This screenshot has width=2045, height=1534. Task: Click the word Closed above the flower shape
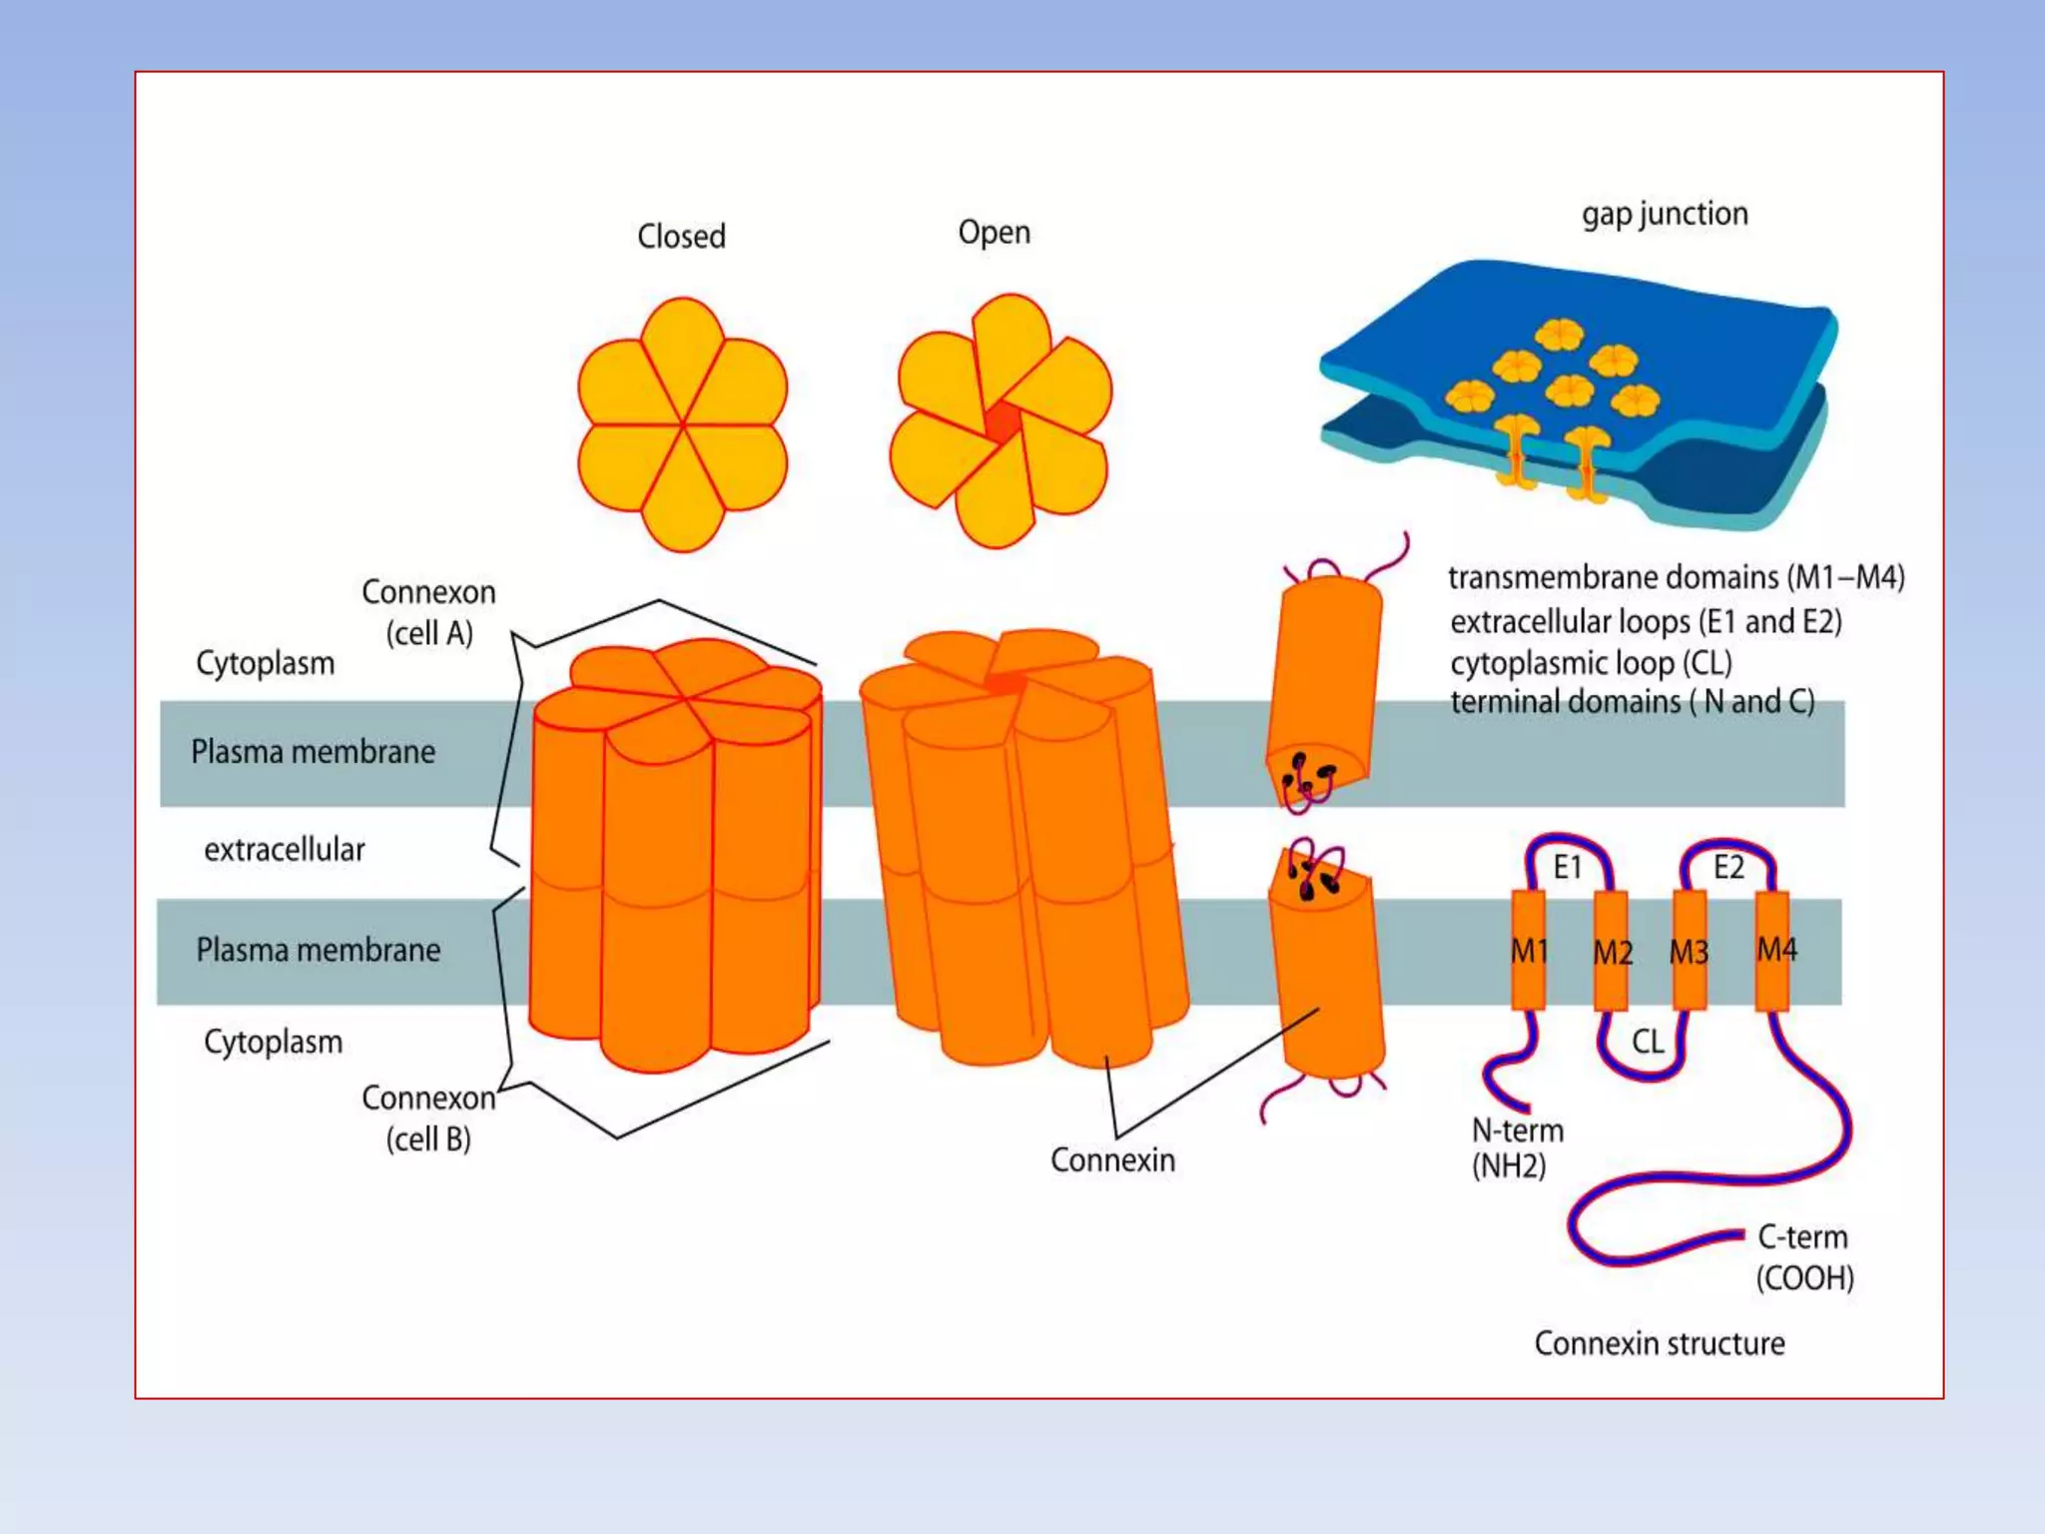681,237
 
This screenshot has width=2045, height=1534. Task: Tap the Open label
994,233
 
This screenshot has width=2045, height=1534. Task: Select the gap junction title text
1665,214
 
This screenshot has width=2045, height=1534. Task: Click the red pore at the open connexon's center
1002,422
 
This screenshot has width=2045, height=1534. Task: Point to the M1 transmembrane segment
1529,951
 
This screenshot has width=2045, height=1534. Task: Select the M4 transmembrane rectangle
1772,950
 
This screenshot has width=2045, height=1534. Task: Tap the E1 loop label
1568,867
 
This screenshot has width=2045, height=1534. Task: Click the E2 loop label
1728,867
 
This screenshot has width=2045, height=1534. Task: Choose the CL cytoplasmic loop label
1648,1043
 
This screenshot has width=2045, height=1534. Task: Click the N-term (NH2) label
1517,1148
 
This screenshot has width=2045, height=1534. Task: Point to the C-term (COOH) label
1804,1256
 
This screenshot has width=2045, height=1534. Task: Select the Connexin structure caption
1660,1343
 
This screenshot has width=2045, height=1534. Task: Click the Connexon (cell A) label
428,612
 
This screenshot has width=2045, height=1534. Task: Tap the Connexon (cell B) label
428,1118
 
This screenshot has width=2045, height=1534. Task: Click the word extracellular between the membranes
285,850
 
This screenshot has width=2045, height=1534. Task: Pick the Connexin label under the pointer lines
1112,1160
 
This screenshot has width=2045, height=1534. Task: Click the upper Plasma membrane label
313,752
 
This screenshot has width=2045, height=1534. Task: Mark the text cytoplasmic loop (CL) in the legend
1591,663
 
